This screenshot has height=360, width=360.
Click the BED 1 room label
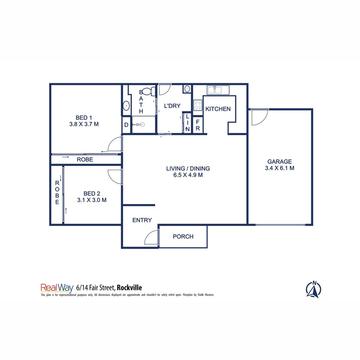pyautogui.click(x=84, y=118)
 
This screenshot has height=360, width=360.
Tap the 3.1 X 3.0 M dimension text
pyautogui.click(x=92, y=200)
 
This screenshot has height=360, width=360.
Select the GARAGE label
pyautogui.click(x=280, y=162)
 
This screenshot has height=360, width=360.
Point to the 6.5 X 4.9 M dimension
pyautogui.click(x=188, y=175)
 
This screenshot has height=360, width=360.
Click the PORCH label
pyautogui.click(x=183, y=236)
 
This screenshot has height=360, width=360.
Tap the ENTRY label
pyautogui.click(x=142, y=220)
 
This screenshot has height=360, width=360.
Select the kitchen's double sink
pyautogui.click(x=216, y=90)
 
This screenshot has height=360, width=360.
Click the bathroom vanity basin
pyautogui.click(x=126, y=106)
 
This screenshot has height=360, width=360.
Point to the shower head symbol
pyautogui.click(x=140, y=124)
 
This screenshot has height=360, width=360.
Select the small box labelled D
pyautogui.click(x=126, y=125)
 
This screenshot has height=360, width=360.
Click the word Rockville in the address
pyautogui.click(x=129, y=287)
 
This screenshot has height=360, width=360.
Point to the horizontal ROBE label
pyautogui.click(x=84, y=159)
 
